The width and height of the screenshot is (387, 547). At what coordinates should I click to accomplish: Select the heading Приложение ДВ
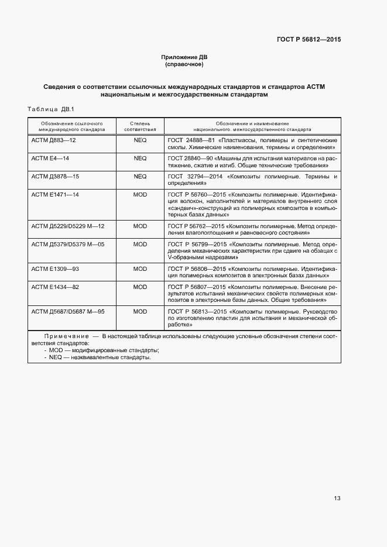pyautogui.click(x=184, y=57)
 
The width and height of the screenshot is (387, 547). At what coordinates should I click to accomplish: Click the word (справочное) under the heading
pyautogui.click(x=184, y=64)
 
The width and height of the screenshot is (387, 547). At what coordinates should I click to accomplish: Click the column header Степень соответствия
pyautogui.click(x=140, y=126)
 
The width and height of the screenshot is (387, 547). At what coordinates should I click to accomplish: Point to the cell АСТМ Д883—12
pyautogui.click(x=53, y=141)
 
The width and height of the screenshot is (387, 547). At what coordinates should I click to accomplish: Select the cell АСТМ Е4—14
pyautogui.click(x=50, y=159)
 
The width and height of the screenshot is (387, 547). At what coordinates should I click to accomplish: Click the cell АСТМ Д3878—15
pyautogui.click(x=55, y=176)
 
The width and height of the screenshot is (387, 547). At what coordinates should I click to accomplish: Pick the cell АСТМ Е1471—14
pyautogui.click(x=55, y=194)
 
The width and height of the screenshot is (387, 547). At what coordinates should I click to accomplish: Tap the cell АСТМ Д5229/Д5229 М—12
pyautogui.click(x=67, y=225)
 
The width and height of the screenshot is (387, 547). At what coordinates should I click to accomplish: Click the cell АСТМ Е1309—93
pyautogui.click(x=55, y=269)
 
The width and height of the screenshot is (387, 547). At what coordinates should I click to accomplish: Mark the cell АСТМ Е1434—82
pyautogui.click(x=55, y=287)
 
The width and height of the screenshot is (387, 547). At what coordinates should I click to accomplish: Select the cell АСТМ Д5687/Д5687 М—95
pyautogui.click(x=67, y=312)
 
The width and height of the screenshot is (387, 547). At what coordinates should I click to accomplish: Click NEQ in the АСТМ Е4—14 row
pyautogui.click(x=140, y=159)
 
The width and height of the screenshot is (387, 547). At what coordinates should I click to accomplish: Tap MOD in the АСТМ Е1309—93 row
pyautogui.click(x=140, y=269)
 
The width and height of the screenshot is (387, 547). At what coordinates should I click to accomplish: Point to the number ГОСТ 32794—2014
pyautogui.click(x=194, y=176)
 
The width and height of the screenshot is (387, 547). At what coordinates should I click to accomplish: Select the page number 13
pyautogui.click(x=337, y=498)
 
